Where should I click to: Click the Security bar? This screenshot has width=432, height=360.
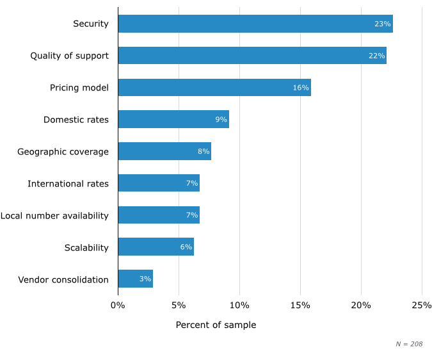click(x=255, y=24)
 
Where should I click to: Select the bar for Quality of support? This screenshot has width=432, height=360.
click(x=252, y=56)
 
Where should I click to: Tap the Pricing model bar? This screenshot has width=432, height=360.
click(x=214, y=87)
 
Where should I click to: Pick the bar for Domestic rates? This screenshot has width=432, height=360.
click(x=173, y=119)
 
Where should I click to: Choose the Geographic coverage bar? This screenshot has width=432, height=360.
click(x=164, y=151)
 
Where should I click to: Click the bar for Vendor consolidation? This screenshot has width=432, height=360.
click(x=135, y=279)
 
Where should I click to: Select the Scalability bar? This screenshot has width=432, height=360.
click(x=156, y=247)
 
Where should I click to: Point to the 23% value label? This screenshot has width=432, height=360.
click(x=382, y=24)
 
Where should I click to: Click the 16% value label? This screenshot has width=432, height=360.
click(x=301, y=88)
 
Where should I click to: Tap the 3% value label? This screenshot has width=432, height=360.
click(x=145, y=279)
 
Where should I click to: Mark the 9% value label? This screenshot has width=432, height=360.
click(x=221, y=120)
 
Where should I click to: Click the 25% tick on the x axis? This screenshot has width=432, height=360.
click(x=422, y=305)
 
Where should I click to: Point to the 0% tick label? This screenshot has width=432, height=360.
click(x=118, y=305)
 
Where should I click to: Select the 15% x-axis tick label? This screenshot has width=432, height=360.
click(x=300, y=305)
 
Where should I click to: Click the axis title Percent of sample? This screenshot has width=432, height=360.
click(x=216, y=325)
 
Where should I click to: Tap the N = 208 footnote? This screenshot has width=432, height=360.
click(x=409, y=344)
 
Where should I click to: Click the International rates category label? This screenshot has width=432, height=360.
click(x=68, y=184)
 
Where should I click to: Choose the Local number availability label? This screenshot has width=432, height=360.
click(x=54, y=215)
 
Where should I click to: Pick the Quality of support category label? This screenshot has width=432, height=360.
click(x=69, y=56)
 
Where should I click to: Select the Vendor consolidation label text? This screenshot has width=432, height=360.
click(x=63, y=279)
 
